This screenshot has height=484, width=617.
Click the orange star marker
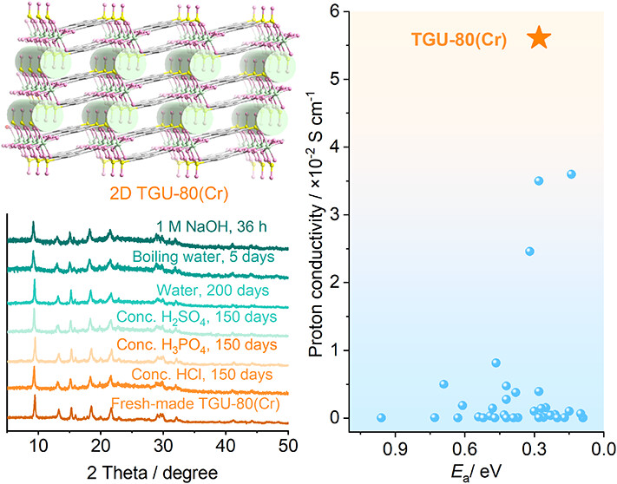pyautogui.click(x=539, y=37)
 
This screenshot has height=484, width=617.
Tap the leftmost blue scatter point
pyautogui.click(x=381, y=417)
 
